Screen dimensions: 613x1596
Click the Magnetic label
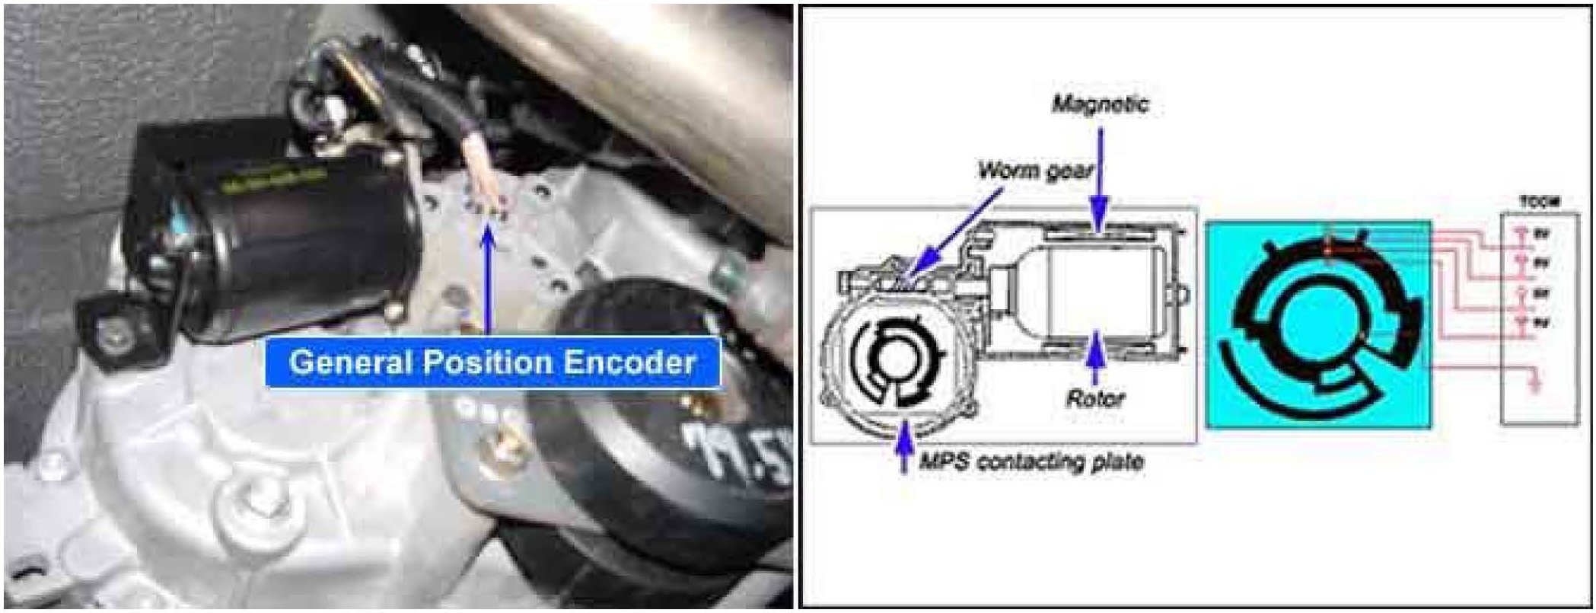click(1099, 104)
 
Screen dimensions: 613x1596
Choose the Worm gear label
click(1034, 169)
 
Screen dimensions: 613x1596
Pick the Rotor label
click(1094, 397)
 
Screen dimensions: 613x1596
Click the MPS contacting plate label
click(1031, 461)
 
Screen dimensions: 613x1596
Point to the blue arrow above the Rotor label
click(1095, 358)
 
